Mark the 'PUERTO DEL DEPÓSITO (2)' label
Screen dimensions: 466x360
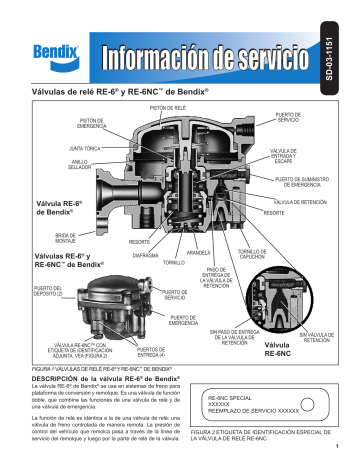tap(22, 291)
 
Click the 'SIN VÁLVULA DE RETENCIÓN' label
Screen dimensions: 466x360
tap(321, 337)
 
